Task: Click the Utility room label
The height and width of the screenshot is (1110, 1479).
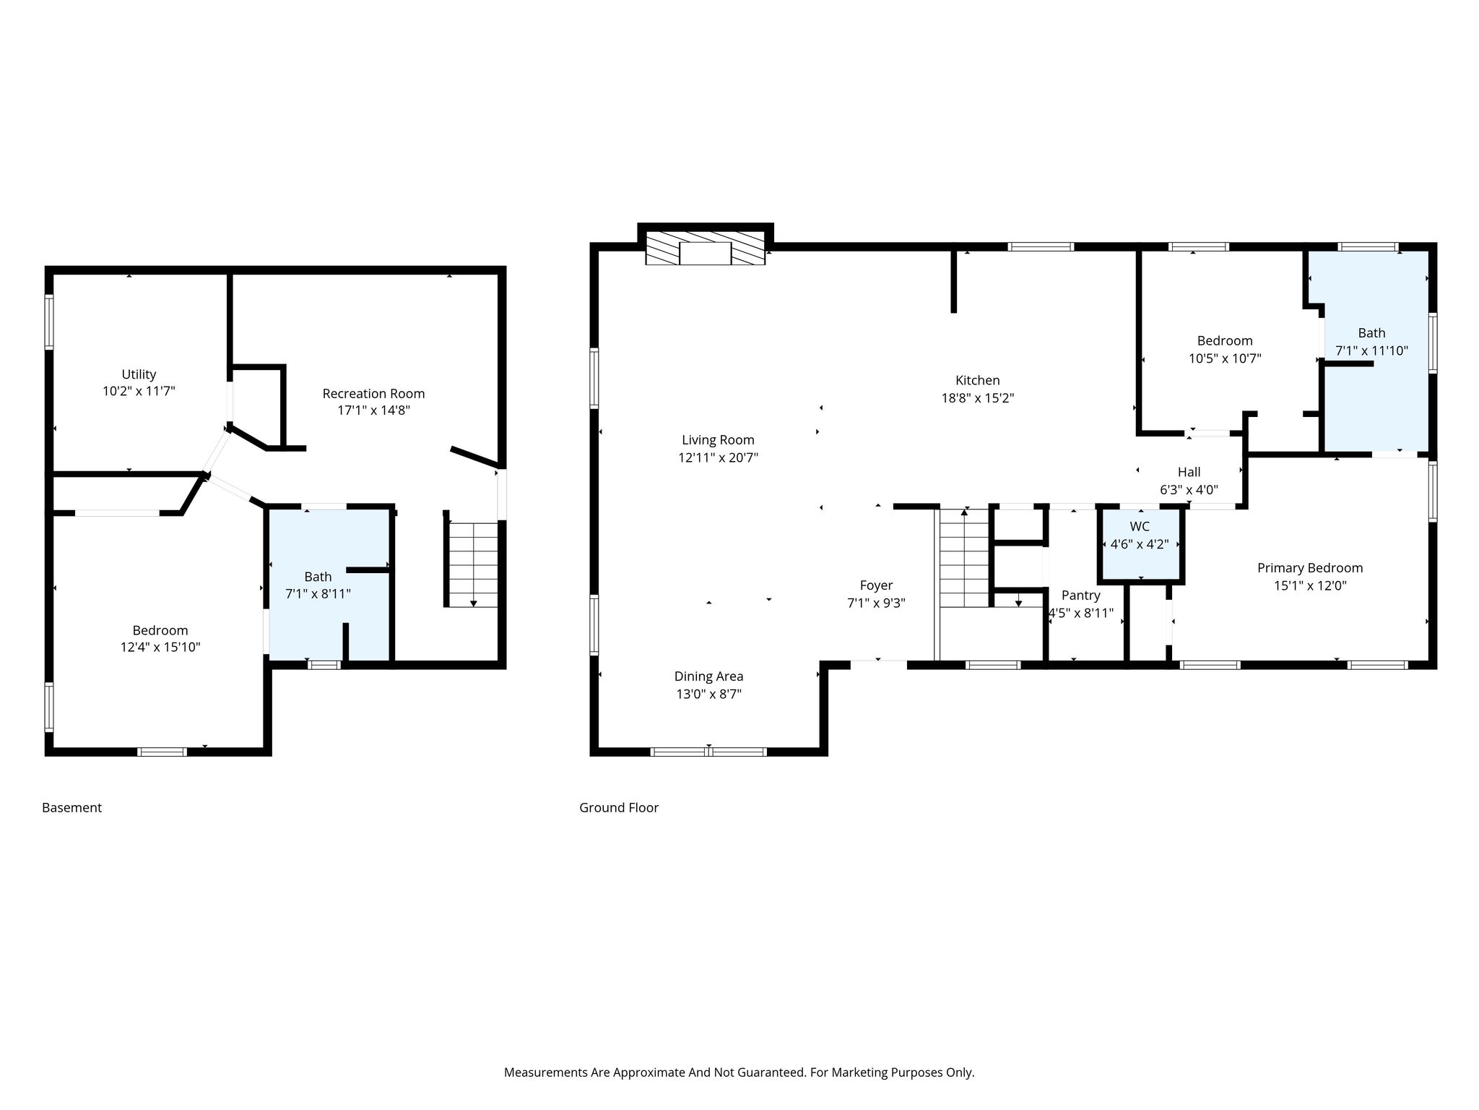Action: coord(139,374)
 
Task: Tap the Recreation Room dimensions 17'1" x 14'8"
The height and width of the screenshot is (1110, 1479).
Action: coord(373,410)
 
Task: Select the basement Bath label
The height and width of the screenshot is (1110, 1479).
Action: coord(318,577)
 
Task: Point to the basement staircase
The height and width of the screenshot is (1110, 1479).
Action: coord(473,564)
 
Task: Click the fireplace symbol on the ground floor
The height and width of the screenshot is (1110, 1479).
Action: coord(706,249)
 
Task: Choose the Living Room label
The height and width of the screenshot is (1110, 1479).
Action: coord(718,440)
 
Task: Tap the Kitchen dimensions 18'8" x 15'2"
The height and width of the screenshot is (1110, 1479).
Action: coord(978,397)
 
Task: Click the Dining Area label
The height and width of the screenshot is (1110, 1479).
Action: coord(708,676)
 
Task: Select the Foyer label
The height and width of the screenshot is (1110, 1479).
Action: coord(876,585)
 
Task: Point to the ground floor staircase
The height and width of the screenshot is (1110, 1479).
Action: coord(964,559)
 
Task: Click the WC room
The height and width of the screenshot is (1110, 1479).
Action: coord(1140,545)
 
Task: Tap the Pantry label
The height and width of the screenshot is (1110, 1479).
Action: coord(1081,595)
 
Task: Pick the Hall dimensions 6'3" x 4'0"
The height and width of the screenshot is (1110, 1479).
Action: coord(1189,489)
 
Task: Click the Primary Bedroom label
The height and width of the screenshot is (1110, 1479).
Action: coord(1310,568)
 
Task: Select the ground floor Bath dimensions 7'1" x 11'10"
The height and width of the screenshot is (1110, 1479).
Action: coord(1371,351)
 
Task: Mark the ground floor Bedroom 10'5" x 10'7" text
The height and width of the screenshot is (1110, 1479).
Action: coord(1225,349)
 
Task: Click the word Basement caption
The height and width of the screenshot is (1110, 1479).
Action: coord(71,808)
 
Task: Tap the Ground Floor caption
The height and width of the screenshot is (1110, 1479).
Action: coord(619,808)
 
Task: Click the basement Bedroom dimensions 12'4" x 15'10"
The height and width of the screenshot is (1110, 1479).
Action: coord(160,647)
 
